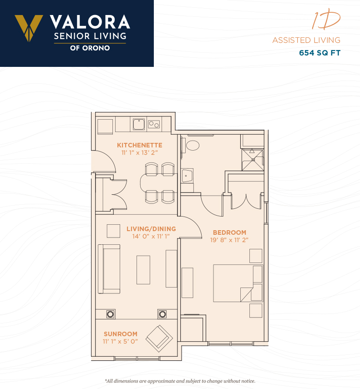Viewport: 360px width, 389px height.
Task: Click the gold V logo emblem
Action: point(29,28)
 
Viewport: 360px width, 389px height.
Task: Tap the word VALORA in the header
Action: point(90,22)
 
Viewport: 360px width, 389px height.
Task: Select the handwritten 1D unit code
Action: point(326,19)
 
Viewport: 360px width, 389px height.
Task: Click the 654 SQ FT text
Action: point(319,53)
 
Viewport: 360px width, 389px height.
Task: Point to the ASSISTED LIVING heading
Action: point(306,40)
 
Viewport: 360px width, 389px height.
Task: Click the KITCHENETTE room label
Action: point(140,145)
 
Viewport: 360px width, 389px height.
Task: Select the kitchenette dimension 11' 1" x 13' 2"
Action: point(140,152)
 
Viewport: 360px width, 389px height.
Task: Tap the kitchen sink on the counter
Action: point(139,124)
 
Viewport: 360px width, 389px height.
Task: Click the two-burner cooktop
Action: point(154,124)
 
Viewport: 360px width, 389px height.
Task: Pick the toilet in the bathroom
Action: point(193,146)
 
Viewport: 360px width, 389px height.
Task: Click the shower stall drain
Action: point(253,160)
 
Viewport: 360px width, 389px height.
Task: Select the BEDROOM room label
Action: point(229,232)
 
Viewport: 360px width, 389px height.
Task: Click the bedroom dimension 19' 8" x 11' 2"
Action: point(229,240)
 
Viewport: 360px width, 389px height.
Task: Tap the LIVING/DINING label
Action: point(151,229)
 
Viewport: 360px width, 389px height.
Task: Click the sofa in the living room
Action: point(109,269)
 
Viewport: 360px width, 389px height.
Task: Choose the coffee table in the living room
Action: point(143,270)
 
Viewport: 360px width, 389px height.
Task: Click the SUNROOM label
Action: point(120,334)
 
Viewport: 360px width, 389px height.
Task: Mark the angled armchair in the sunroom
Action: point(159,338)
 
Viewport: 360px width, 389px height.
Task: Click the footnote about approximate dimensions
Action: point(180,381)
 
